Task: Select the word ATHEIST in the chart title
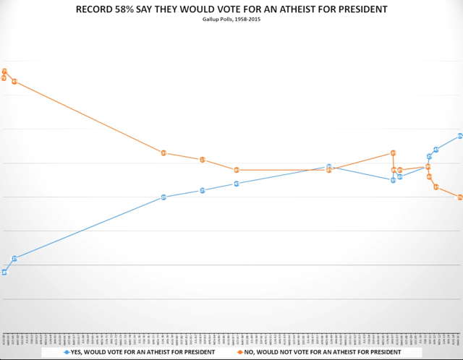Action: tap(316, 9)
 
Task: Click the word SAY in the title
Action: tap(174, 9)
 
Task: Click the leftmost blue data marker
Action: tap(4, 272)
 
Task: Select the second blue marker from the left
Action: tap(14, 258)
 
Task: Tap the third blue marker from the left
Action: tap(163, 197)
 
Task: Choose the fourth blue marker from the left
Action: tap(203, 190)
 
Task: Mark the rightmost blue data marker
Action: tap(459, 136)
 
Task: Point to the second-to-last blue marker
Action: tap(436, 150)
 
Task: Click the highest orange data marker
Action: tap(5, 71)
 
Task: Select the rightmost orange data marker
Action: tap(459, 197)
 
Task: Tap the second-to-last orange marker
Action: tap(436, 187)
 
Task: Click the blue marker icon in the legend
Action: tap(67, 352)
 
